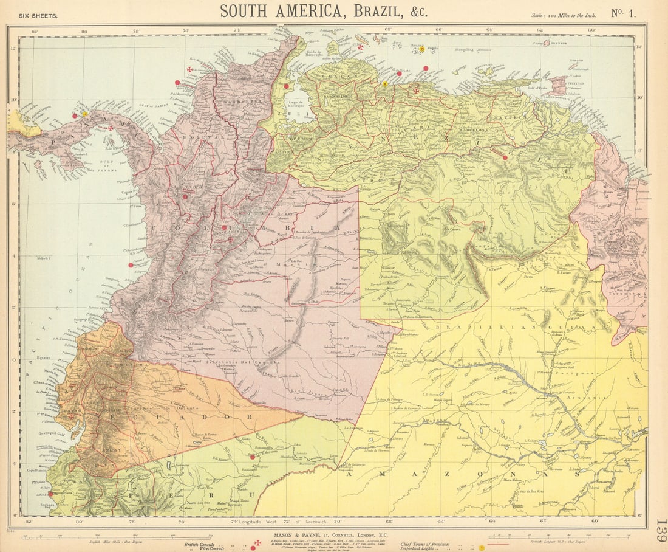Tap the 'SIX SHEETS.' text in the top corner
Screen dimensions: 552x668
pos(38,16)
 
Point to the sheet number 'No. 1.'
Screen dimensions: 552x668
pos(624,13)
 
